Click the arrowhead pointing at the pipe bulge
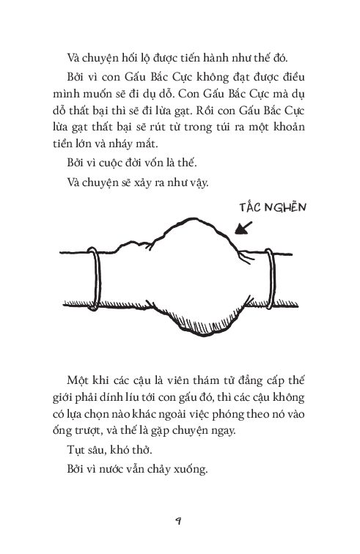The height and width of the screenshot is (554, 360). click(x=237, y=234)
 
